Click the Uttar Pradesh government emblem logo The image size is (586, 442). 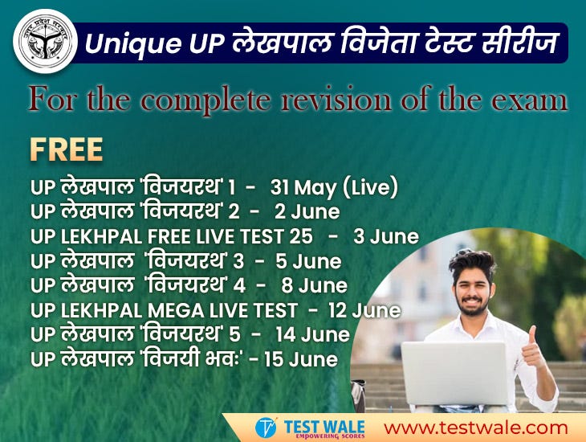tap(46, 41)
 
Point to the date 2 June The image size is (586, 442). tap(307, 212)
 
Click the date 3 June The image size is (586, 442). tap(386, 236)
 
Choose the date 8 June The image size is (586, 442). tap(314, 285)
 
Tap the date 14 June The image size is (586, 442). tap(312, 334)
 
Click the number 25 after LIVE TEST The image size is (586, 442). tap(302, 236)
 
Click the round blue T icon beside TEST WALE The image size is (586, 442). tap(266, 428)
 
